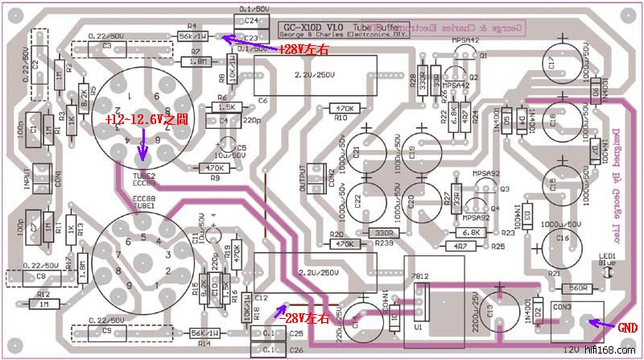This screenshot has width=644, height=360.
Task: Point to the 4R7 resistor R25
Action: (x=460, y=246)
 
